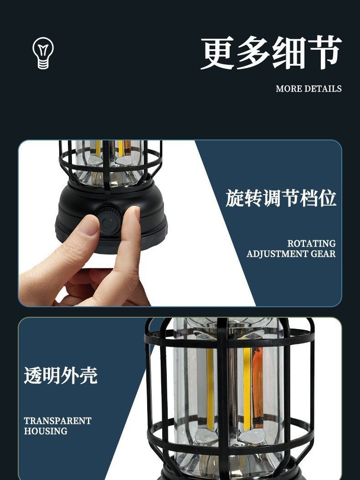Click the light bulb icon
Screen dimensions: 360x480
tap(43, 53)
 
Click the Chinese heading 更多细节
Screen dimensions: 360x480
tap(271, 53)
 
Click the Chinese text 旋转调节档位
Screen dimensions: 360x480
tap(281, 198)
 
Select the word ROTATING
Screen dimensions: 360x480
tap(311, 243)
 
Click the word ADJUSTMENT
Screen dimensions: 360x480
tap(278, 254)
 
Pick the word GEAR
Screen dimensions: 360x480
tap(323, 254)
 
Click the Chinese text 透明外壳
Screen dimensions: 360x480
tap(61, 375)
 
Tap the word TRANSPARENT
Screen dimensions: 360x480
tap(57, 421)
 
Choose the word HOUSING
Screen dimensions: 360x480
tap(46, 431)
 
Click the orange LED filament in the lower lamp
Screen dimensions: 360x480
tap(257, 387)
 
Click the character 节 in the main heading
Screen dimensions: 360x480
tap(324, 53)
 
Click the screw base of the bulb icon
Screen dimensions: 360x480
tap(43, 64)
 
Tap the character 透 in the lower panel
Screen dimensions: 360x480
tap(33, 375)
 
